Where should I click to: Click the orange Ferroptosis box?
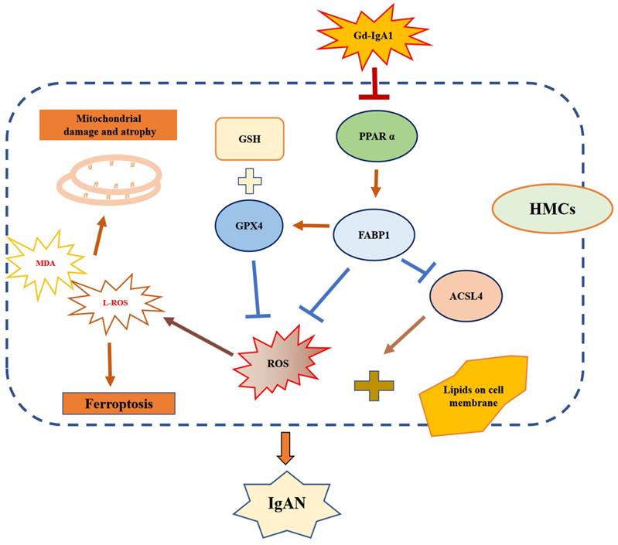[x=118, y=403]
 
